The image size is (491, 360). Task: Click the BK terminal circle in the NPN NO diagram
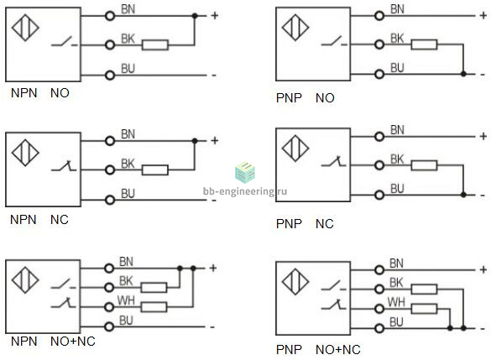110,45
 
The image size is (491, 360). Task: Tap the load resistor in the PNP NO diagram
424,44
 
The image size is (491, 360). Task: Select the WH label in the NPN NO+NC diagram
126,300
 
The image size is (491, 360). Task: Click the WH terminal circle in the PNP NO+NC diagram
379,309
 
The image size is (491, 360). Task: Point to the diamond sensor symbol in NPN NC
25,153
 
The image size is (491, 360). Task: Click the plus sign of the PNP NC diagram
483,136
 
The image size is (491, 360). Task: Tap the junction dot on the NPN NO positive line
195,16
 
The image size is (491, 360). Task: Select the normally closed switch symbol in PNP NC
334,161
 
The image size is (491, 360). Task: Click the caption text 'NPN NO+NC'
53,342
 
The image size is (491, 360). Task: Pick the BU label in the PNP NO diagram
397,68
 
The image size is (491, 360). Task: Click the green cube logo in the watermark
245,172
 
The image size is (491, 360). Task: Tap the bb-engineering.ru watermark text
245,191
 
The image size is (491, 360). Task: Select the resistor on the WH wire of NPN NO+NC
154,307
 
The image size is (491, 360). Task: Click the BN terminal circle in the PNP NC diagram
379,137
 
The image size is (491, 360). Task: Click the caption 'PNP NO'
306,98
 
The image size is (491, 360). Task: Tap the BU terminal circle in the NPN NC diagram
110,200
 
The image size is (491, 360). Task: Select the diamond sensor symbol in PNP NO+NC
295,281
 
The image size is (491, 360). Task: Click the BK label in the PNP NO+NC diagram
396,283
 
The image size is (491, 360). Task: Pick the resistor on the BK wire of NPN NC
155,170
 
